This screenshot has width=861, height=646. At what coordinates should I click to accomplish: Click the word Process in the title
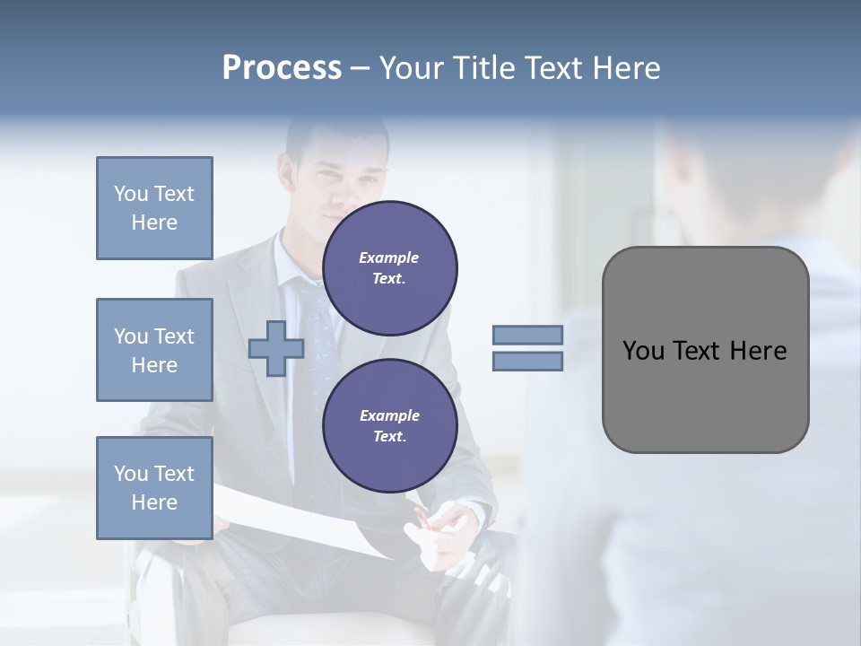(282, 68)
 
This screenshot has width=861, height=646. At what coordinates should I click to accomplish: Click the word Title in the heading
(484, 68)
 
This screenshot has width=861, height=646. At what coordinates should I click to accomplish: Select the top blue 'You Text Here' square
(154, 208)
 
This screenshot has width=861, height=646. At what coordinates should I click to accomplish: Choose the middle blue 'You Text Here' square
(154, 350)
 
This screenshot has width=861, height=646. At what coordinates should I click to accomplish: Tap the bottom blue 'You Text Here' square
(154, 488)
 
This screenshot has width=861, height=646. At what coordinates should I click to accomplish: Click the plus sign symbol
(275, 348)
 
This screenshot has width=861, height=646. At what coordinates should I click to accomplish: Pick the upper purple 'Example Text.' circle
(389, 268)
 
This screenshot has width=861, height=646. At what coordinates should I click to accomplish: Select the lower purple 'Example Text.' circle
(389, 426)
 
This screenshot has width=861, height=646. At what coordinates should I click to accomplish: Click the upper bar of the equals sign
(527, 335)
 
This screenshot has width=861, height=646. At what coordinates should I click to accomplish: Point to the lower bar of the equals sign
(527, 362)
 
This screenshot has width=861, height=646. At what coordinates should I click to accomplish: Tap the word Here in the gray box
(758, 351)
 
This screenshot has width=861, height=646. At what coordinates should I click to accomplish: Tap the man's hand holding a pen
(439, 529)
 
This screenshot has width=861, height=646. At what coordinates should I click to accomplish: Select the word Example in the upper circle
(389, 258)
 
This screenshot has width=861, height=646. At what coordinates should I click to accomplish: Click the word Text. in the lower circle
(389, 437)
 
